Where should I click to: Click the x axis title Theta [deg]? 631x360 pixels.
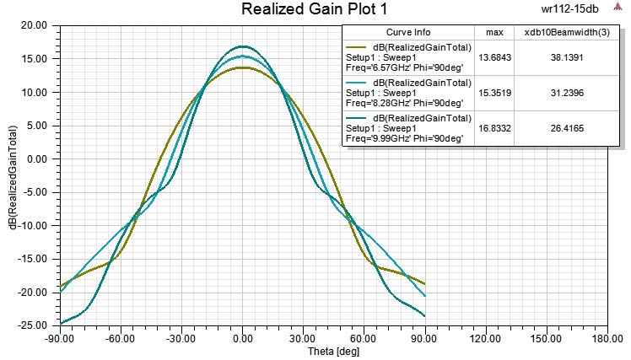(243, 352)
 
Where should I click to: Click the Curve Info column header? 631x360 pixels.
(408, 33)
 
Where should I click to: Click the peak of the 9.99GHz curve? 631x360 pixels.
(243, 46)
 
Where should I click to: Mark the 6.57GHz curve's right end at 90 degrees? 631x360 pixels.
(424, 284)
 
